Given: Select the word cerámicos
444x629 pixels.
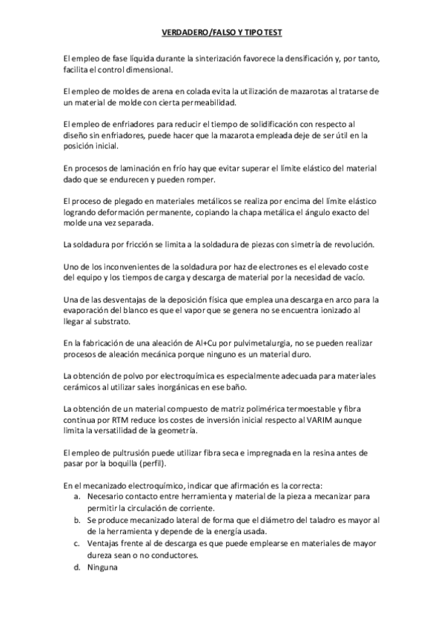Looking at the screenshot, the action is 84,387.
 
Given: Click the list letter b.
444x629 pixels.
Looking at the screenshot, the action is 77,521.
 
